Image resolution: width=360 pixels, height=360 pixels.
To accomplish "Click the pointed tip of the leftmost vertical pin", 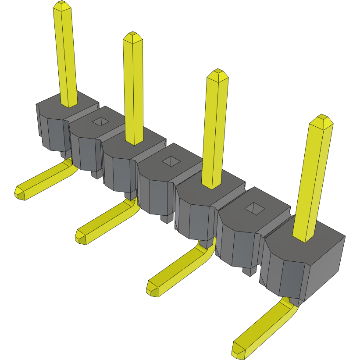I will [x=61, y=5].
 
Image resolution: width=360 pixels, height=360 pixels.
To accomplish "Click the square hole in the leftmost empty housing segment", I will [x=100, y=121].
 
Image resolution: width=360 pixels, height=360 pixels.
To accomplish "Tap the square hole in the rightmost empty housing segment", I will [x=254, y=209].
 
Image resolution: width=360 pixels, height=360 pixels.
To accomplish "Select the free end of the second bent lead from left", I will [x=81, y=236].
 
